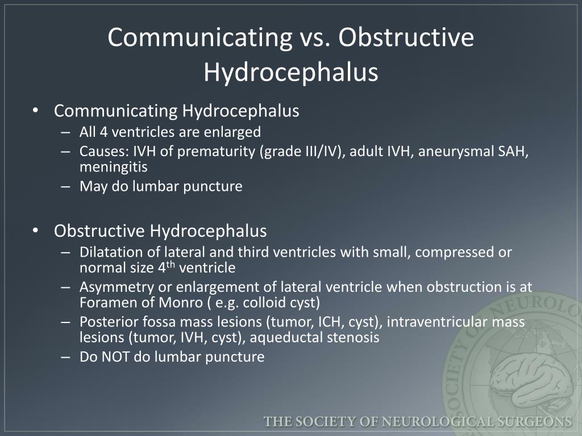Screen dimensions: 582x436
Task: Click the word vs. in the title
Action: click(x=315, y=37)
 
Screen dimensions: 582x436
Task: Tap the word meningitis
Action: click(x=114, y=167)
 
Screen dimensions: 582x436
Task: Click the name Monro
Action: click(x=181, y=303)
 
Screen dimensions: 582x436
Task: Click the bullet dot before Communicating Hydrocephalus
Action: click(x=35, y=111)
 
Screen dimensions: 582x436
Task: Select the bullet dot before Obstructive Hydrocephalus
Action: click(x=35, y=230)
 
